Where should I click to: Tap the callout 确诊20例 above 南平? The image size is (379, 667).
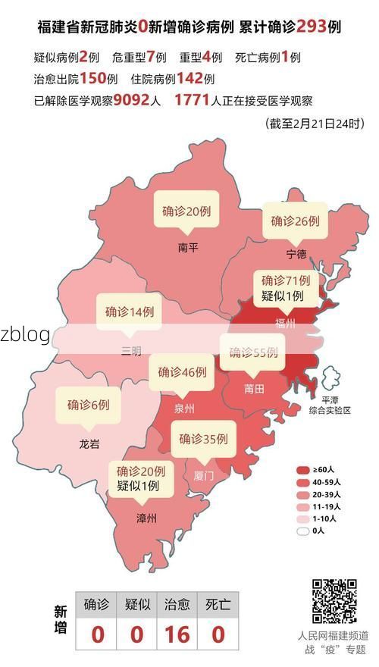186,211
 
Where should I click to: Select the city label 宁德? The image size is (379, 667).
296,253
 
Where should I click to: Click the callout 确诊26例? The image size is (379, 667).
295,221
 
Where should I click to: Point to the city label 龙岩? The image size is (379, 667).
89,444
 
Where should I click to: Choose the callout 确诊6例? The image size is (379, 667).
88,405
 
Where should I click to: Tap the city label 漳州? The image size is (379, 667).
146,518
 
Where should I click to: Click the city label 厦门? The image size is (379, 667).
204,476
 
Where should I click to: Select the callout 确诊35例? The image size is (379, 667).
203,438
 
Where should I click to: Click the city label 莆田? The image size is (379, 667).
254,389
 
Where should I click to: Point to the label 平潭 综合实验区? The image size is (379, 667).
330,405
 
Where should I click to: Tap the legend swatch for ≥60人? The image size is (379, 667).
303,470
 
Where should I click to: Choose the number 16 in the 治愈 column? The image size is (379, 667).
177,634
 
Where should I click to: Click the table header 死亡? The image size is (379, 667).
218,605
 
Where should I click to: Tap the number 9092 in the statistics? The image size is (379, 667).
136,100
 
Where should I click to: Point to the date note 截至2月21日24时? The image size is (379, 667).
315,124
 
